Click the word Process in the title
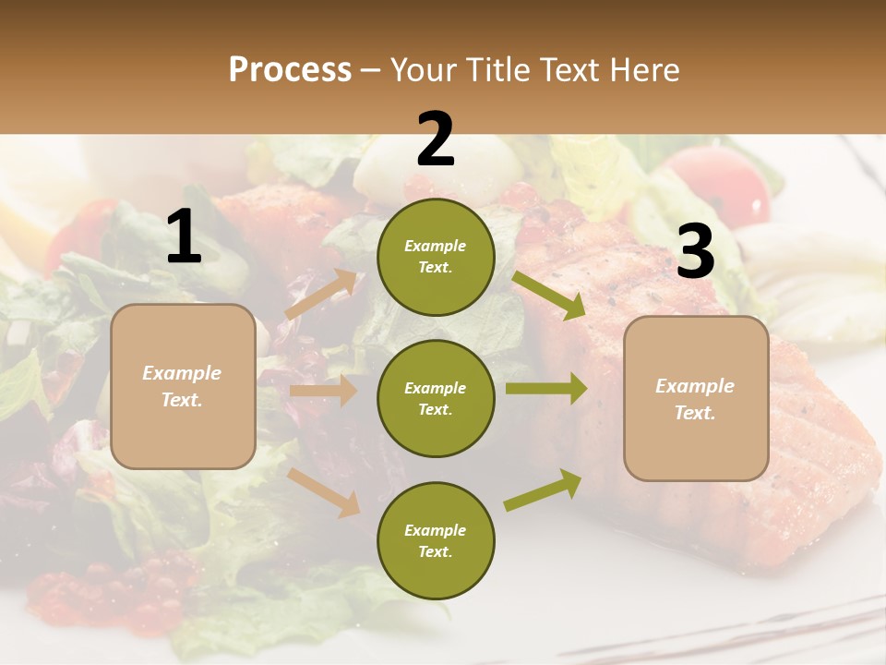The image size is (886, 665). pyautogui.click(x=290, y=70)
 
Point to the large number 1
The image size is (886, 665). pyautogui.click(x=184, y=237)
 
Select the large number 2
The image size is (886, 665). pyautogui.click(x=436, y=139)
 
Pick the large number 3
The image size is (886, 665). pyautogui.click(x=695, y=251)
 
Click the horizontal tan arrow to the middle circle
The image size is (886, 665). pyautogui.click(x=323, y=391)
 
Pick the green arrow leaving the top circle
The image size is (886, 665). pyautogui.click(x=550, y=296)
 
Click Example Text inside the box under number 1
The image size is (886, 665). pyautogui.click(x=183, y=386)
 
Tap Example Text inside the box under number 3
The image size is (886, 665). pyautogui.click(x=696, y=399)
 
